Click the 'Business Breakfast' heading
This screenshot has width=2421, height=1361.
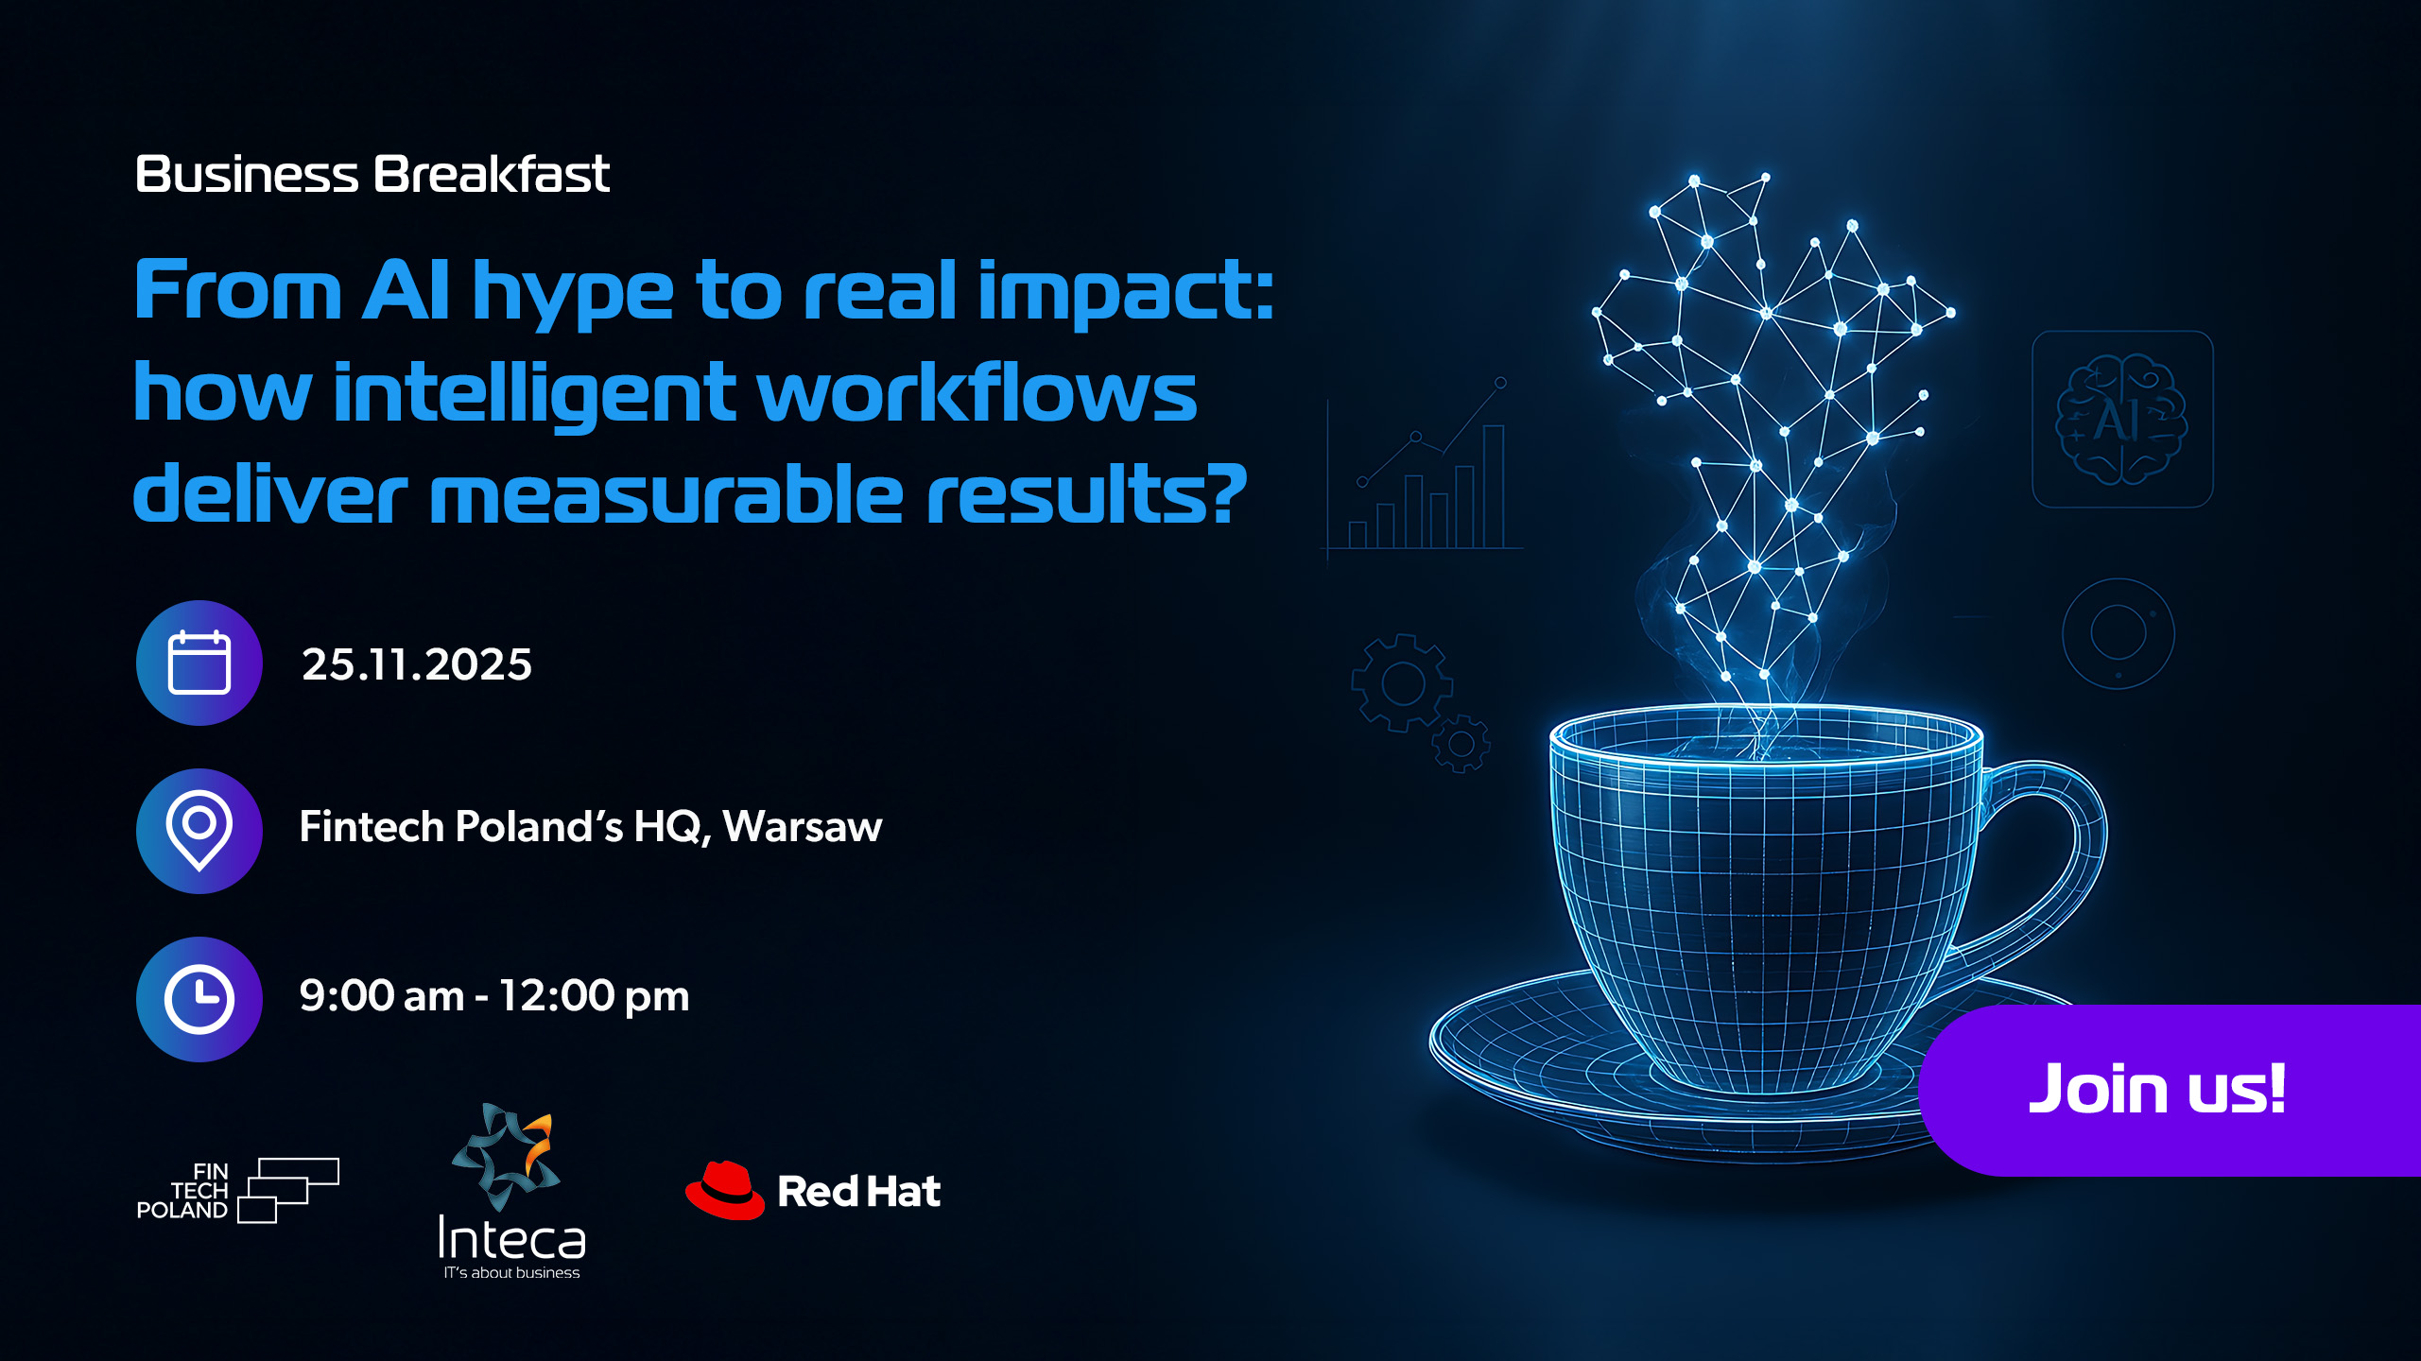372,175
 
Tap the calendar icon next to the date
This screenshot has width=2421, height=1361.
199,663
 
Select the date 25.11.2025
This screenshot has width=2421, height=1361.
417,664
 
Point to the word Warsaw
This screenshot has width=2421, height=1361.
803,827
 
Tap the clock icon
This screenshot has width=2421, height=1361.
199,999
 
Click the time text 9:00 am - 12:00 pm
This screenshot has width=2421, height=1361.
494,996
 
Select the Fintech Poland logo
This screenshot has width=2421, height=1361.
238,1191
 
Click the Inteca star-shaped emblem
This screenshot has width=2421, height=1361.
506,1156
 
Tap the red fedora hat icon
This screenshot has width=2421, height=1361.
725,1190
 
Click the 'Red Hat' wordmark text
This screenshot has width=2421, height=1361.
859,1192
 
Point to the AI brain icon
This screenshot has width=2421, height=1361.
2121,419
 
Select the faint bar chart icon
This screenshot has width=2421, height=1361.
1422,469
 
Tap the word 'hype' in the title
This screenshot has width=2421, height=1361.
572,294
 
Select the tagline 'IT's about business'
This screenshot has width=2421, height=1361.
511,1273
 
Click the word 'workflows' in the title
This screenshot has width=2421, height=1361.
977,393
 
